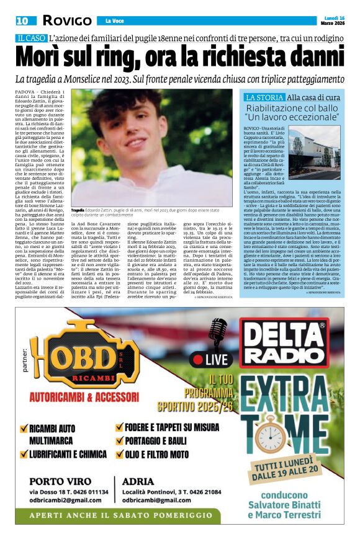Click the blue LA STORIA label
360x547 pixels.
tap(264, 97)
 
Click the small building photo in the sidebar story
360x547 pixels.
tap(323, 153)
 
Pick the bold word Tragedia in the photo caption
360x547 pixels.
tap(81, 211)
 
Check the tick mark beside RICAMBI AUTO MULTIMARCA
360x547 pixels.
tap(24, 428)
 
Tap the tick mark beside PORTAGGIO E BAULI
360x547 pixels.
tap(119, 441)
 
